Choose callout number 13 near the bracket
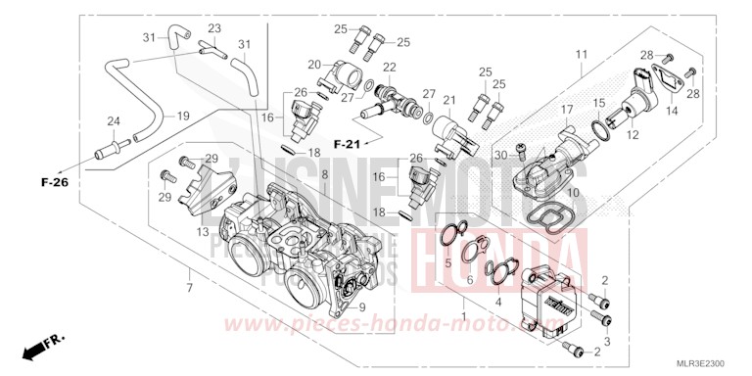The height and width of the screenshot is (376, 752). [202, 232]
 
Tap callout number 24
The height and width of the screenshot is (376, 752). [113, 121]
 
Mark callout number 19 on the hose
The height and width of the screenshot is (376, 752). [183, 116]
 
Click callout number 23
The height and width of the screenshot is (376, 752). [214, 28]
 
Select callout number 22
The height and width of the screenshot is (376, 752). [389, 67]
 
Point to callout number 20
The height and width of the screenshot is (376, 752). [314, 64]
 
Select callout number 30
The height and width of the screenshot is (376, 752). [500, 154]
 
